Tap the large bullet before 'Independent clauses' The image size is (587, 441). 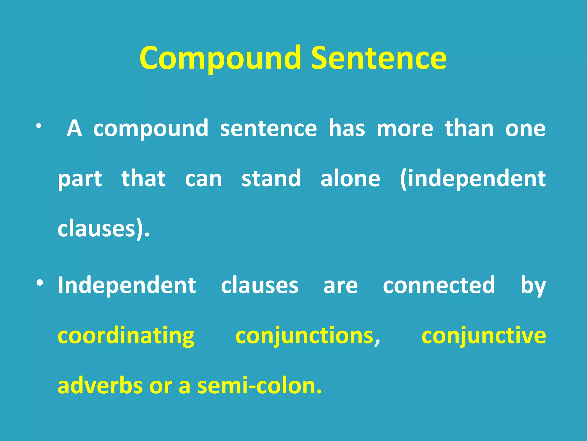click(x=40, y=283)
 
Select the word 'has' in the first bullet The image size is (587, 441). click(x=347, y=128)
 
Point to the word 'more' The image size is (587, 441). click(x=405, y=128)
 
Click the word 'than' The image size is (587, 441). click(x=469, y=128)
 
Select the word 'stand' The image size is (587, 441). click(x=271, y=178)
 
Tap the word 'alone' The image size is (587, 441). click(x=350, y=178)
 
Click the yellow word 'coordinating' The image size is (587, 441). click(x=126, y=336)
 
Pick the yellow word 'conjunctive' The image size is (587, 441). click(x=484, y=336)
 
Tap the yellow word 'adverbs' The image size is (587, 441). click(x=100, y=386)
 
